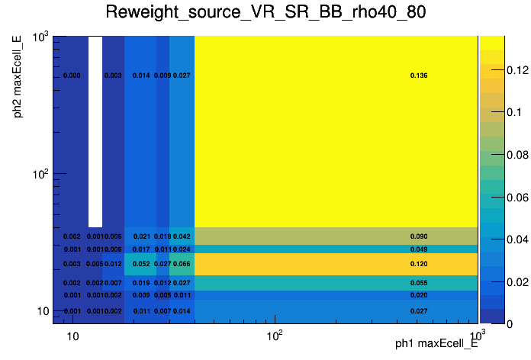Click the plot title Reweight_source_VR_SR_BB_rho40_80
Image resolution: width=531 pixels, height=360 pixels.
click(265, 13)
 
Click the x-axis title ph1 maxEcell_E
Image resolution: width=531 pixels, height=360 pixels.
click(436, 344)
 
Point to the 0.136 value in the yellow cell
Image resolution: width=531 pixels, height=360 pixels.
click(419, 76)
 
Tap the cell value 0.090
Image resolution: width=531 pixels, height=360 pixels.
click(419, 236)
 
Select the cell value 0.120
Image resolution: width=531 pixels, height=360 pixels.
click(419, 264)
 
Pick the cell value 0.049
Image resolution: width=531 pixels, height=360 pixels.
click(419, 249)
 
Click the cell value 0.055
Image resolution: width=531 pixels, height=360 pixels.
click(419, 283)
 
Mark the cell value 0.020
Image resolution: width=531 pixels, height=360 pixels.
click(419, 295)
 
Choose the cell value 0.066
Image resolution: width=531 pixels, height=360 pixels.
click(182, 264)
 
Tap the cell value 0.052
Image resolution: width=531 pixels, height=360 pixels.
click(141, 264)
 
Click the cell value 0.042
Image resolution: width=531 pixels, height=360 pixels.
click(182, 236)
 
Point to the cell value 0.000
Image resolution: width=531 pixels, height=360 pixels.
click(72, 76)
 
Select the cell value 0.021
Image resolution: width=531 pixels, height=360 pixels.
click(141, 236)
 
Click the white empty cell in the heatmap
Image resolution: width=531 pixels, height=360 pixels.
click(95, 130)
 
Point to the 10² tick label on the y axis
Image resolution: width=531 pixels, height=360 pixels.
click(40, 174)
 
